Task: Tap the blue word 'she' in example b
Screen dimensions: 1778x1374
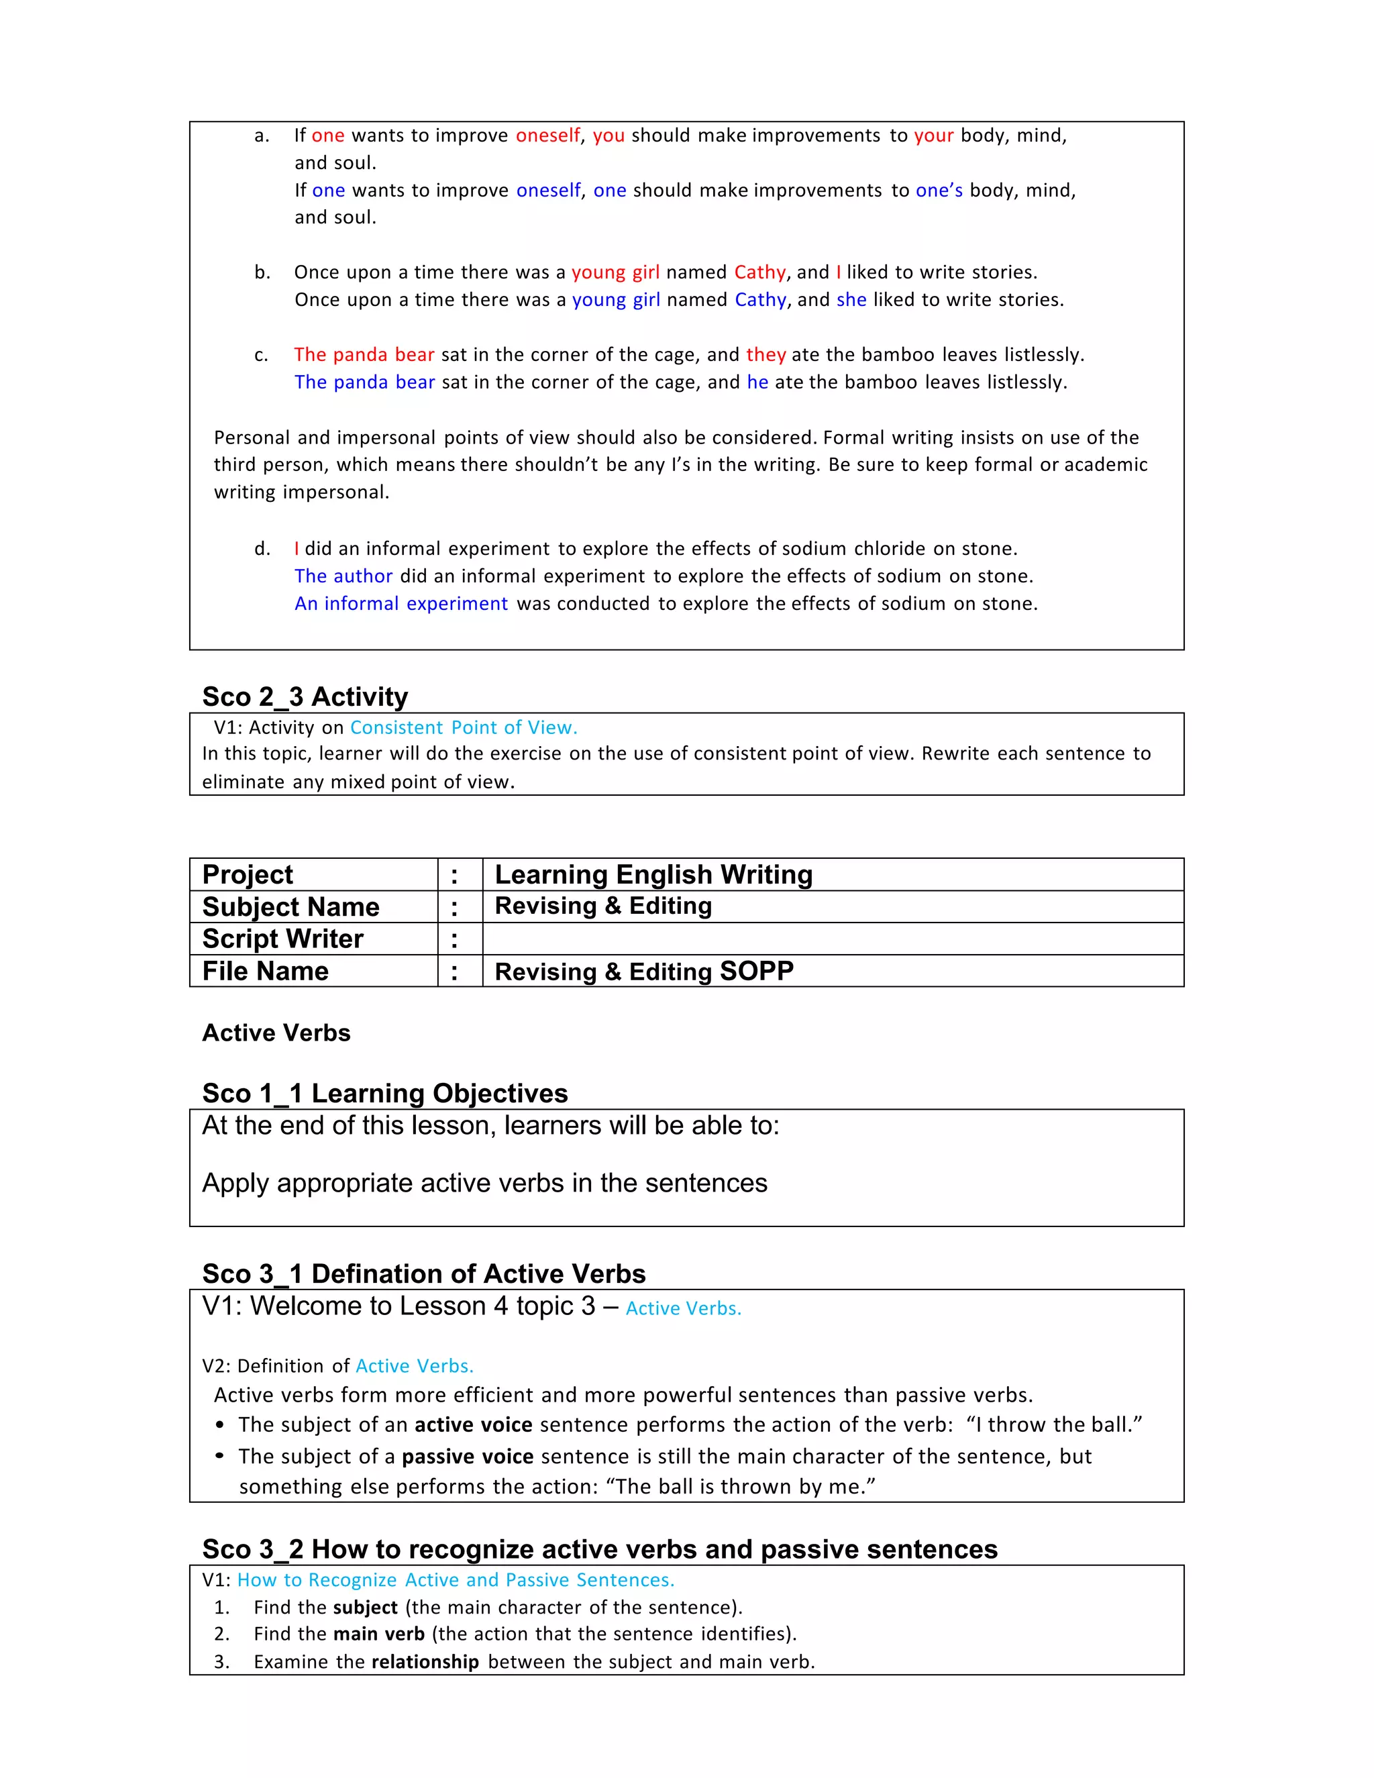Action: [x=851, y=300]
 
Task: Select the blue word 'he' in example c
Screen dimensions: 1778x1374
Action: [x=757, y=382]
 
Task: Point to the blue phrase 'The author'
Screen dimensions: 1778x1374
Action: [x=343, y=576]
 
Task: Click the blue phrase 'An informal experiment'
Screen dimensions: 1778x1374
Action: [x=401, y=604]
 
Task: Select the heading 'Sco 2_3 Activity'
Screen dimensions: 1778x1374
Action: [x=305, y=697]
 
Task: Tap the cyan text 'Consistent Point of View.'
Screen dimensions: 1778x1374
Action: [x=463, y=728]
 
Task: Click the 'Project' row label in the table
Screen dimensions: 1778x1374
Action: [x=248, y=874]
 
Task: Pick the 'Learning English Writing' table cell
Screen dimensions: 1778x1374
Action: [x=653, y=874]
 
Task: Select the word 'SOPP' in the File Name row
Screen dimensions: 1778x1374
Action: [x=756, y=972]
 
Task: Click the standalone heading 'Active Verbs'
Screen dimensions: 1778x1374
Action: [x=276, y=1033]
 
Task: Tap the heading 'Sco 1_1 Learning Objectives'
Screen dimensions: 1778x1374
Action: [x=384, y=1094]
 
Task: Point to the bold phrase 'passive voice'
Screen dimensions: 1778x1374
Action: [x=467, y=1457]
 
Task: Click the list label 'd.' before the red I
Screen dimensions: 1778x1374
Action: [x=262, y=549]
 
